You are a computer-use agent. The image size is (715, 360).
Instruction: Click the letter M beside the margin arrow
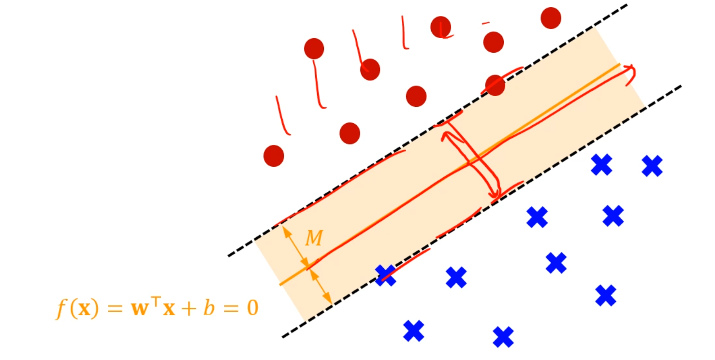314,238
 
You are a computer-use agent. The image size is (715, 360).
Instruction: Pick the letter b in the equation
209,308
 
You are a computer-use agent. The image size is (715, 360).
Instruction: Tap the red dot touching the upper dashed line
495,86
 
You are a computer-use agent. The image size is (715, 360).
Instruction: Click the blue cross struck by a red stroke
385,275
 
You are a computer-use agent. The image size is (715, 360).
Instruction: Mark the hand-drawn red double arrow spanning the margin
471,159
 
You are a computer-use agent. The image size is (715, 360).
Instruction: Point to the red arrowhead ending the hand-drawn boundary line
630,72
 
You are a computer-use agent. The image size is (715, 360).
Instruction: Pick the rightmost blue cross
652,166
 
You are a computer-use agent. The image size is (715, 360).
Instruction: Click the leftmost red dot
274,156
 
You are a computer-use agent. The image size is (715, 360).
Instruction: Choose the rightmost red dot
551,18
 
